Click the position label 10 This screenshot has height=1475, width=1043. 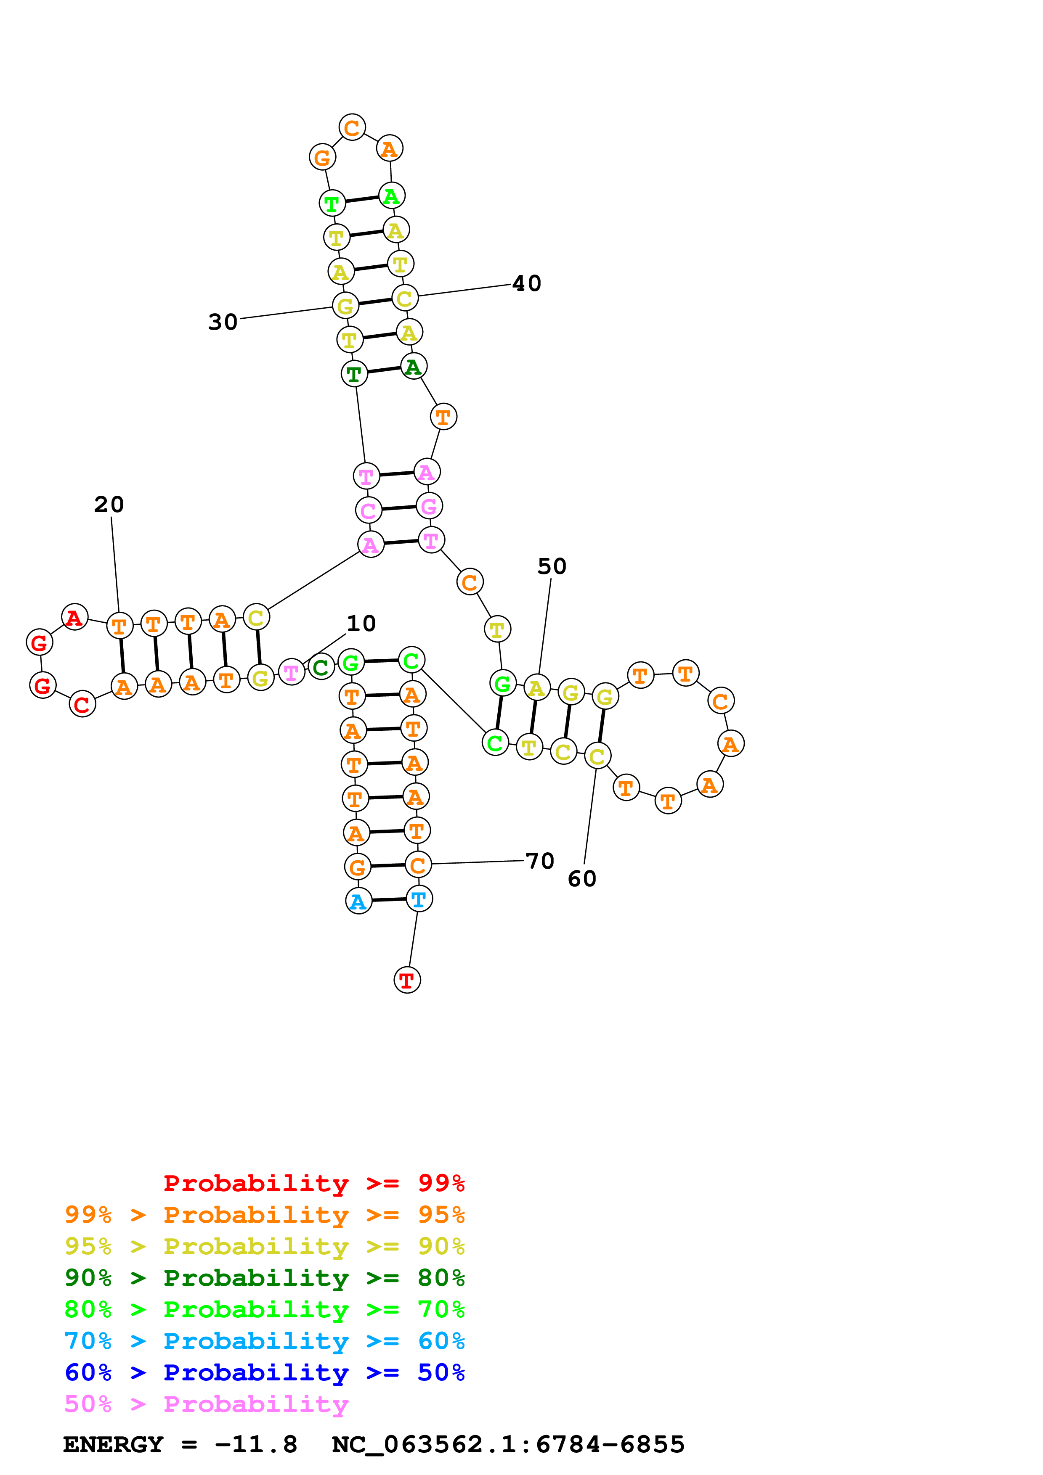(x=361, y=623)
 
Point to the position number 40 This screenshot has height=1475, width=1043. (x=526, y=283)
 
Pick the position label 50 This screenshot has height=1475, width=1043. (x=552, y=566)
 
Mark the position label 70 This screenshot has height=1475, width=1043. (x=539, y=860)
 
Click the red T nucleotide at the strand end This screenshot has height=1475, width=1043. (x=407, y=980)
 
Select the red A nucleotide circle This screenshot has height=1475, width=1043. (x=74, y=617)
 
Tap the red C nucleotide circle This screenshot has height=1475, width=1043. (x=82, y=704)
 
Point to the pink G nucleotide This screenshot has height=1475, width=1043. (x=429, y=506)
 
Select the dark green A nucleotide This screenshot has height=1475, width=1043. (x=413, y=367)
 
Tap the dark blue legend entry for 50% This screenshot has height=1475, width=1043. (x=264, y=1372)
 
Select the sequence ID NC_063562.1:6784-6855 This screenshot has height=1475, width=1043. (x=508, y=1444)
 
